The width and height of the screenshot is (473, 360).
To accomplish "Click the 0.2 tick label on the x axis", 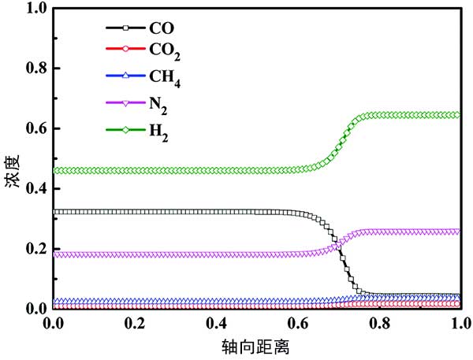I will tap(135, 323).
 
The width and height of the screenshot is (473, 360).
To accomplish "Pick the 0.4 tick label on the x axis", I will tap(216, 323).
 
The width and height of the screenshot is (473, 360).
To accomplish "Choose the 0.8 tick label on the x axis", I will tap(378, 323).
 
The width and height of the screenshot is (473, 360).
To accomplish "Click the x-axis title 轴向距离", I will tap(255, 345).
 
